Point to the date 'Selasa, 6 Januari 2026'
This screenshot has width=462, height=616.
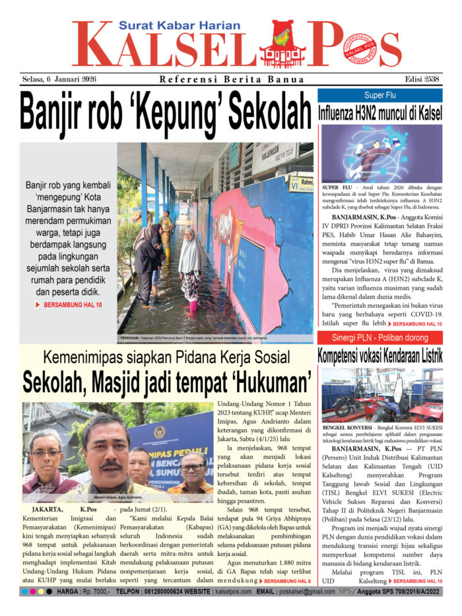[59, 80]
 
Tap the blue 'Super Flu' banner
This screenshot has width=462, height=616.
[380, 95]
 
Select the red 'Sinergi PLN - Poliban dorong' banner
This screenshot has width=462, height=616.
[380, 337]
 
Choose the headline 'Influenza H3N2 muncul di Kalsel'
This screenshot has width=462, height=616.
[380, 112]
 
